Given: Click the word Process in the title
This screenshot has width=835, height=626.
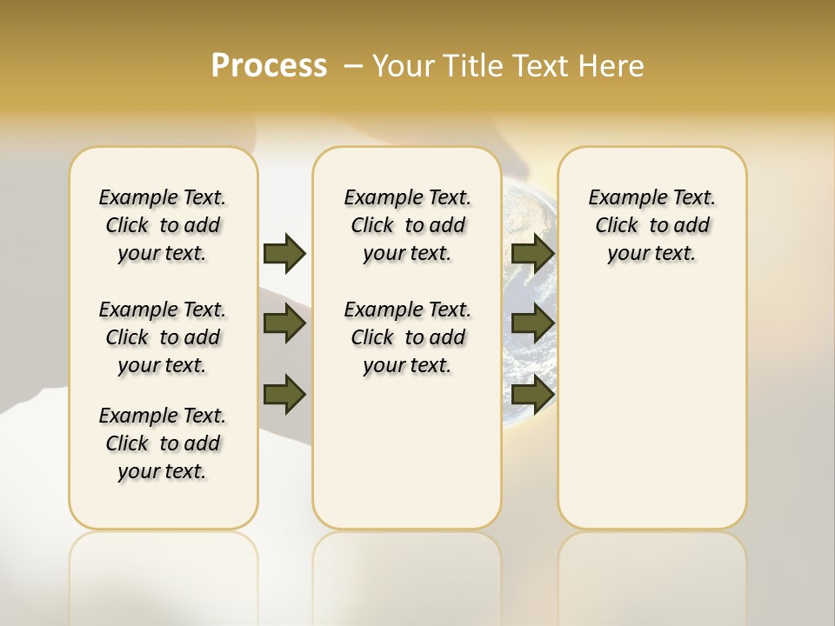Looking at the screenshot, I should click(x=269, y=65).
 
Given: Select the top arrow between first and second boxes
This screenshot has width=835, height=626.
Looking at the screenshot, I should click(x=284, y=253).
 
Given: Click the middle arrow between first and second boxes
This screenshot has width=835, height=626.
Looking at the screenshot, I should click(x=284, y=323).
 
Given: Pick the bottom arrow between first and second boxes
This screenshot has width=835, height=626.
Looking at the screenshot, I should click(x=284, y=394).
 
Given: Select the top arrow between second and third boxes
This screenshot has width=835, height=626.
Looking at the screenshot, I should click(x=532, y=253).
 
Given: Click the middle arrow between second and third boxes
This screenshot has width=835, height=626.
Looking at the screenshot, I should click(x=532, y=323).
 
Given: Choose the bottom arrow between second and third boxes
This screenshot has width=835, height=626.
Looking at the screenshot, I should click(x=532, y=394).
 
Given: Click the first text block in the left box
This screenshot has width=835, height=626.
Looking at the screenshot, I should click(x=163, y=225).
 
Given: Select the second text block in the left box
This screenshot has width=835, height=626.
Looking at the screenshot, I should click(x=163, y=337).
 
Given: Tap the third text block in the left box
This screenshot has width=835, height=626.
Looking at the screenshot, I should click(x=163, y=443).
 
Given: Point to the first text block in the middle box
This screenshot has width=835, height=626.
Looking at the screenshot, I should click(x=407, y=225).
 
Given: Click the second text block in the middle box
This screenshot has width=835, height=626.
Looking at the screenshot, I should click(x=407, y=337).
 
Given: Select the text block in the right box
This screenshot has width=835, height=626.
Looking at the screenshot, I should click(x=651, y=225).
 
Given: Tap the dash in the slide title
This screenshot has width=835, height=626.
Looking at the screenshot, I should click(x=353, y=65).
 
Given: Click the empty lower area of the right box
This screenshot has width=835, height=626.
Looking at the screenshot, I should click(x=651, y=409).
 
